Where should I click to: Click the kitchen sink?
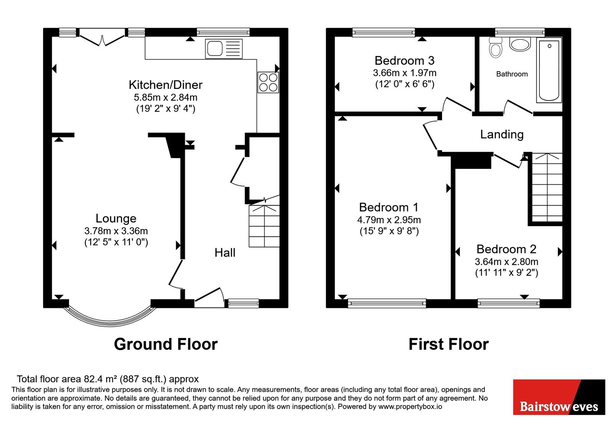click(x=224, y=49)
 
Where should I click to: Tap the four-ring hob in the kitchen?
click(x=268, y=82)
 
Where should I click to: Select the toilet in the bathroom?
click(x=495, y=47)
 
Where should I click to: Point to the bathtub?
click(x=549, y=70)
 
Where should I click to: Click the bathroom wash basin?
click(x=520, y=44)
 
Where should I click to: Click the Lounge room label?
click(x=116, y=218)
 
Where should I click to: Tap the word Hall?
click(x=225, y=252)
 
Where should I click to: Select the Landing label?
click(x=502, y=134)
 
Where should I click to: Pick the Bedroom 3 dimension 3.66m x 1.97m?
click(x=404, y=73)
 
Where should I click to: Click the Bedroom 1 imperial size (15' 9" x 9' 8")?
click(x=389, y=231)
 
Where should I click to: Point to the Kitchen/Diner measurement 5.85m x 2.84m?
click(x=165, y=97)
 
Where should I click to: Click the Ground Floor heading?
click(x=165, y=344)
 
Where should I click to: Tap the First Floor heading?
click(x=449, y=344)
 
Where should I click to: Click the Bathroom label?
click(x=512, y=74)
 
